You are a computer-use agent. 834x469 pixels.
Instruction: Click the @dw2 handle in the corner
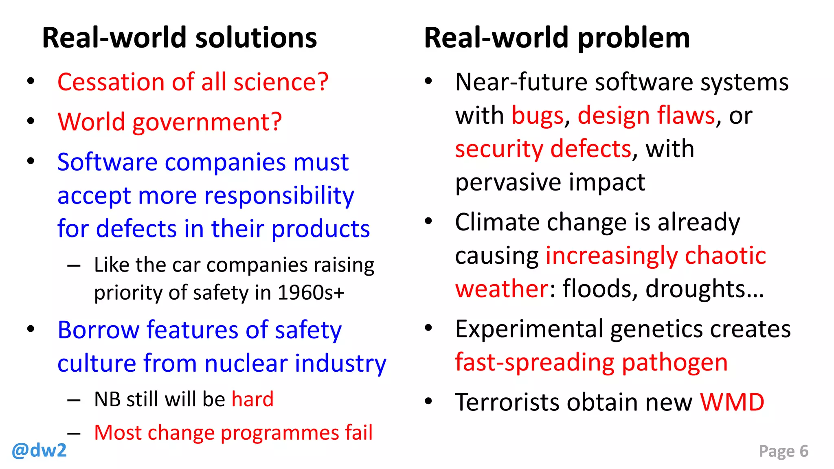click(x=39, y=451)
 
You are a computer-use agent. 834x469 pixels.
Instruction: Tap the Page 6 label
click(x=783, y=451)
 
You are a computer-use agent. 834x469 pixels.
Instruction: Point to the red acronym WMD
click(x=732, y=402)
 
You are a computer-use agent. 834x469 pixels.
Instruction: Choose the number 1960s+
click(x=311, y=292)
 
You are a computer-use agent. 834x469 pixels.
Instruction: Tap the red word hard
click(x=252, y=399)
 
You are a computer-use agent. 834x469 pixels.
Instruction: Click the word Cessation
click(x=111, y=82)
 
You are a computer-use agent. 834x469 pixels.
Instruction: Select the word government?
click(x=207, y=122)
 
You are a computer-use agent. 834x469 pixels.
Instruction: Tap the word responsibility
click(x=279, y=196)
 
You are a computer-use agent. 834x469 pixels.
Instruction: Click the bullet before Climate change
click(x=428, y=221)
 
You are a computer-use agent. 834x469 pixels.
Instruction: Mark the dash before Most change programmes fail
click(x=74, y=433)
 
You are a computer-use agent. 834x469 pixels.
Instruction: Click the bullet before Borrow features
click(x=31, y=329)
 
